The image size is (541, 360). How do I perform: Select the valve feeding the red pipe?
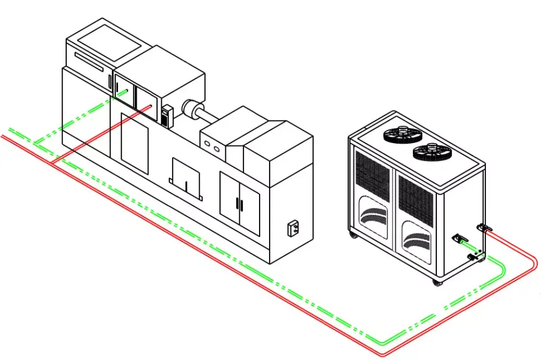point(485,229)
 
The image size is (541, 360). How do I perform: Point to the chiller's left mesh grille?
point(372,174)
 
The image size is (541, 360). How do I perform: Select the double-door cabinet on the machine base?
point(240,204)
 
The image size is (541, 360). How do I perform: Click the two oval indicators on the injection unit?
point(212,144)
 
